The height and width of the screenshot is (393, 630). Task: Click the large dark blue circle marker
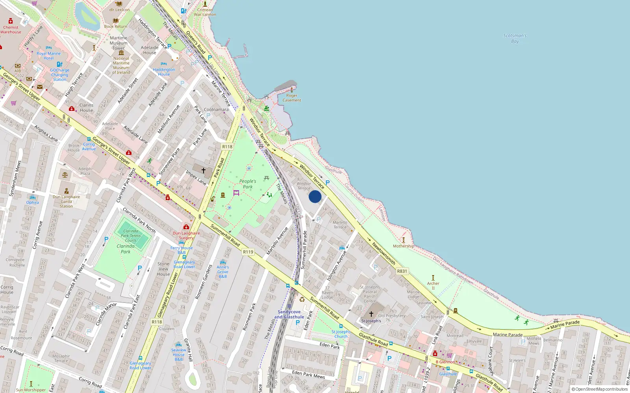315,196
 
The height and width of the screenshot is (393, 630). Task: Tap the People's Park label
248,184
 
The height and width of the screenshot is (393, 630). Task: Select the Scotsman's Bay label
515,38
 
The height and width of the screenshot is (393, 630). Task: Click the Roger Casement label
292,98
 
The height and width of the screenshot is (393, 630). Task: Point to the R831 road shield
402,271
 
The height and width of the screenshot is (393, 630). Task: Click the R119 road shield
248,252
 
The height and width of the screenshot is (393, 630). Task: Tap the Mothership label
403,246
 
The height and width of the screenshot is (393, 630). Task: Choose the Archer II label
433,285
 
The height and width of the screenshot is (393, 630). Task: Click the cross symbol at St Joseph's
371,314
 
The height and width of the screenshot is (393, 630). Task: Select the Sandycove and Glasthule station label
289,314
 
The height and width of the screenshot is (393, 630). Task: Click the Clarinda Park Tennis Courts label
131,236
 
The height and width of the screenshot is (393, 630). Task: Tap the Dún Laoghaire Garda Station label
66,201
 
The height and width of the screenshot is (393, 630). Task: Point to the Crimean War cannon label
205,12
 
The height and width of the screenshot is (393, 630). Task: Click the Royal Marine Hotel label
48,56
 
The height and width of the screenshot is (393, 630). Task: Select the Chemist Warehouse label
11,29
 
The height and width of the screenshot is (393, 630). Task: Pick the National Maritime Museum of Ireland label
121,65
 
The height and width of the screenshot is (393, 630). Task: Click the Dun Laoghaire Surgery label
186,235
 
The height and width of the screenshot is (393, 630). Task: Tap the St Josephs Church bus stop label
341,334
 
